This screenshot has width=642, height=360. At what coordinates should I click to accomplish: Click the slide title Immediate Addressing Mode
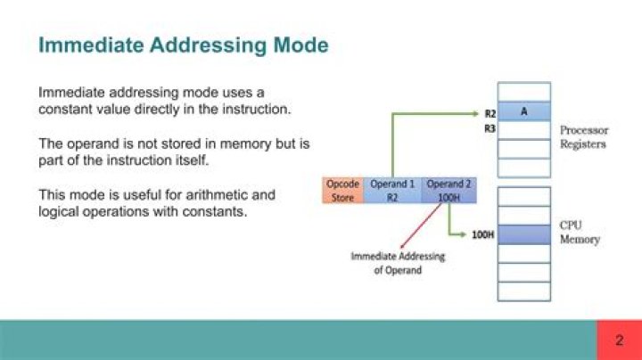point(183,45)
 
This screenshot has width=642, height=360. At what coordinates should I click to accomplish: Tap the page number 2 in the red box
point(619,340)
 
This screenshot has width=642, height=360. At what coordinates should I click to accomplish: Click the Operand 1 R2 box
point(392,190)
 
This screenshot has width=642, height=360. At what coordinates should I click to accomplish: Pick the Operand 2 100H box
point(443,190)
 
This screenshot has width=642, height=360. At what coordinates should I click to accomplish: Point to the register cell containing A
point(523,112)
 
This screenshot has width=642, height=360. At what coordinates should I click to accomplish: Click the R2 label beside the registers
point(490,114)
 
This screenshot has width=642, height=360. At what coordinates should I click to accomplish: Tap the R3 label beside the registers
point(490,128)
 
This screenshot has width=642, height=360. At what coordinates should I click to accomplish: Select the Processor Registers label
point(584,136)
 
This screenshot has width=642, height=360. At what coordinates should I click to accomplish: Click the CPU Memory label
point(579,233)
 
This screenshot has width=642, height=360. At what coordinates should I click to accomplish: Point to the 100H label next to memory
point(482,235)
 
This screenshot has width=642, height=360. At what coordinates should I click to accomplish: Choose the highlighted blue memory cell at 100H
point(523,234)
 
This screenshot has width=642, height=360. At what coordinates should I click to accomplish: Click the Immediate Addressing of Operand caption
point(397,263)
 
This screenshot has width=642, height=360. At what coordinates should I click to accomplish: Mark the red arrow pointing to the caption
point(419,227)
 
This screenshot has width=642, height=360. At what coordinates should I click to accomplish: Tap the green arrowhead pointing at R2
point(474,113)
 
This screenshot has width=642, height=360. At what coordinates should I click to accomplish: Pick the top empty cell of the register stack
point(523,92)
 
